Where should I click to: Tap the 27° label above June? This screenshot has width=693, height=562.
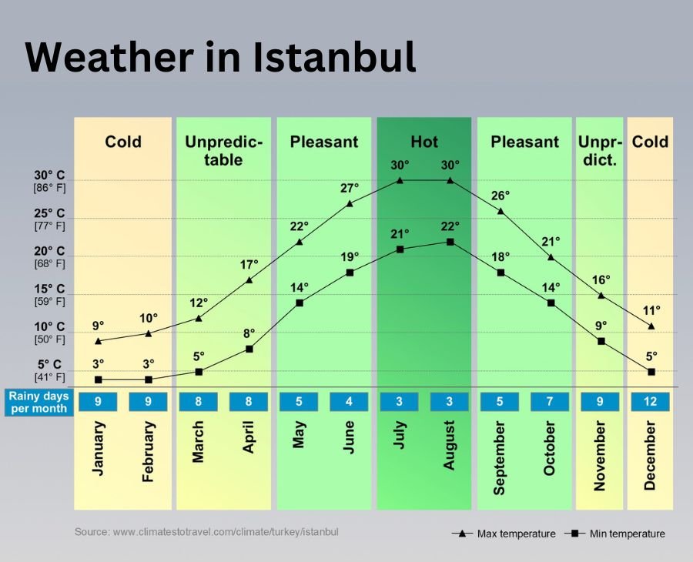pos(350,189)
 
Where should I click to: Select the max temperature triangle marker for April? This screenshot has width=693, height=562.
pos(249,279)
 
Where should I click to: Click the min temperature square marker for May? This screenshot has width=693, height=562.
pos(300,303)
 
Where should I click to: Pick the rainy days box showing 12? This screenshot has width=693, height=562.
pos(650,402)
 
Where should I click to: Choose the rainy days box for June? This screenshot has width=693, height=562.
pos(350,402)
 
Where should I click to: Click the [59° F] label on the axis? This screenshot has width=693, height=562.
pos(49,301)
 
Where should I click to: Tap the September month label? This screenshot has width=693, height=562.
pos(500,458)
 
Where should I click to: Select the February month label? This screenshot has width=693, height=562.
pos(149,452)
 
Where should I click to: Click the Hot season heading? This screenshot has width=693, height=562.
pos(424,142)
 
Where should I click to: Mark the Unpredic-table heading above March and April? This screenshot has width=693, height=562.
pos(223,151)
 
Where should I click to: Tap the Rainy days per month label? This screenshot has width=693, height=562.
pos(38,402)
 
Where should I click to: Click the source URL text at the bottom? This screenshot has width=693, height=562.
pos(206,532)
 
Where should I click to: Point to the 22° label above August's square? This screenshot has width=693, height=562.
pos(450,226)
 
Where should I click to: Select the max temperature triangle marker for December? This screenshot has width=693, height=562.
pos(651,326)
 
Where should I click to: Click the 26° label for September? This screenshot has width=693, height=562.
pos(500,196)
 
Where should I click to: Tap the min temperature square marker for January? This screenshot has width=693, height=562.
pos(98,380)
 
